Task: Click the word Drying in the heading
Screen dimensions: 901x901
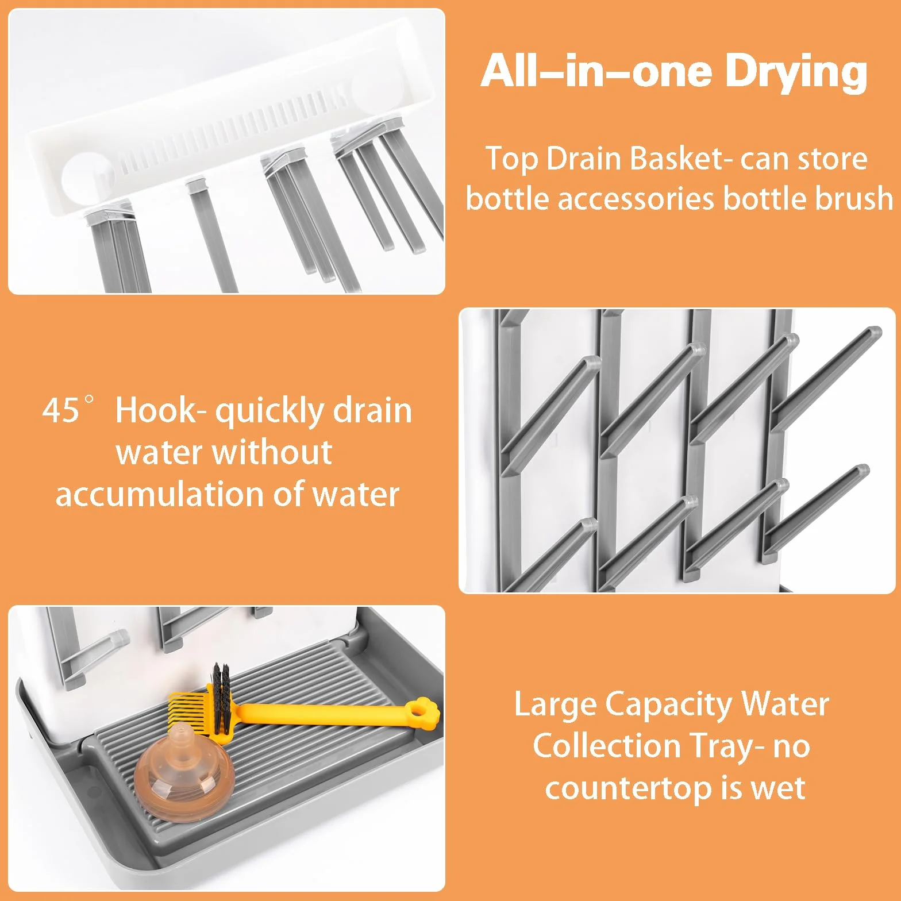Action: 796,73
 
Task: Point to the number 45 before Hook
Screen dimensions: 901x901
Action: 60,410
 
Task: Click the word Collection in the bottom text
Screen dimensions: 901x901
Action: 607,746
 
